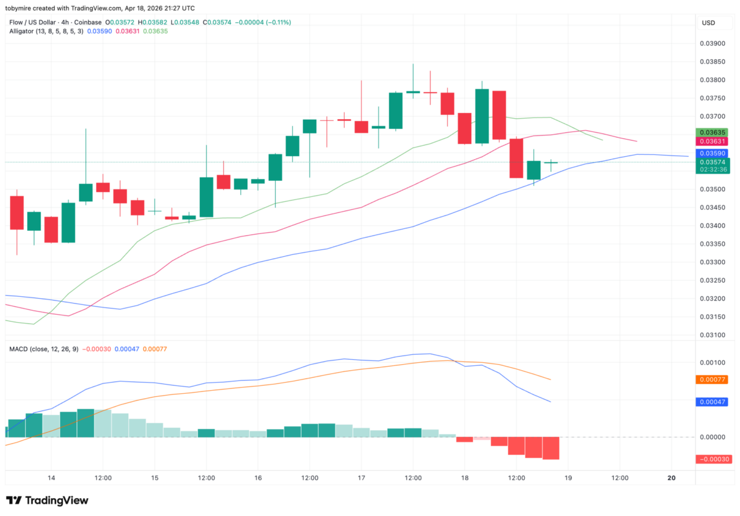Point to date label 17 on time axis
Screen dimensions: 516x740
361,478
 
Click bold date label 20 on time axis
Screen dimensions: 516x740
672,478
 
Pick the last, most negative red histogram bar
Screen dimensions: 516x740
551,448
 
